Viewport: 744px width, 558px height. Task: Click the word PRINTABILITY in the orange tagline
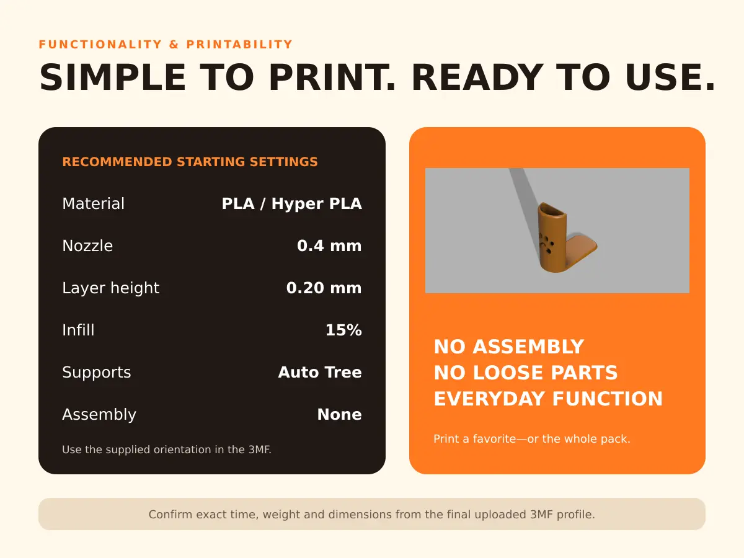[x=239, y=45]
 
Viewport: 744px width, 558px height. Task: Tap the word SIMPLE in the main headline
[x=113, y=77]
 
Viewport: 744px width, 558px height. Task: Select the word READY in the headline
[x=477, y=77]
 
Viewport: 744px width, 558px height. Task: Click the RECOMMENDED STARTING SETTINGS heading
[x=190, y=162]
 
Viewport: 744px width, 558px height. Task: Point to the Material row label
[x=93, y=203]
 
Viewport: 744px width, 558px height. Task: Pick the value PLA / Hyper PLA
[x=291, y=203]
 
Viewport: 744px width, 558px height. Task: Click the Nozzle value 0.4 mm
[x=329, y=246]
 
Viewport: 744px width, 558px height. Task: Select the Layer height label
[x=110, y=288]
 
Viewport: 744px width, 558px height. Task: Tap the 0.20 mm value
[x=324, y=288]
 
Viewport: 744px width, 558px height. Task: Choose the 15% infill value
[x=343, y=330]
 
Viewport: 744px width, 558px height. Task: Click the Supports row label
[x=96, y=373]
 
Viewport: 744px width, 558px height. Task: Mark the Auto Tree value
[x=320, y=372]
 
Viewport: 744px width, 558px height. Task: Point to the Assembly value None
[x=339, y=414]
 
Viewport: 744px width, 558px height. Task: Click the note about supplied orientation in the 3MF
[x=166, y=449]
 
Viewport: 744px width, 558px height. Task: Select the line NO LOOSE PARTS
[x=526, y=373]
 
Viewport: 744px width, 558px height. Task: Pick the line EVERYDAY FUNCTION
[x=548, y=399]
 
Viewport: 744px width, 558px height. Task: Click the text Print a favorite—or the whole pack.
[x=532, y=439]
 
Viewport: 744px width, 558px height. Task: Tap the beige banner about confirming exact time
[x=372, y=514]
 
